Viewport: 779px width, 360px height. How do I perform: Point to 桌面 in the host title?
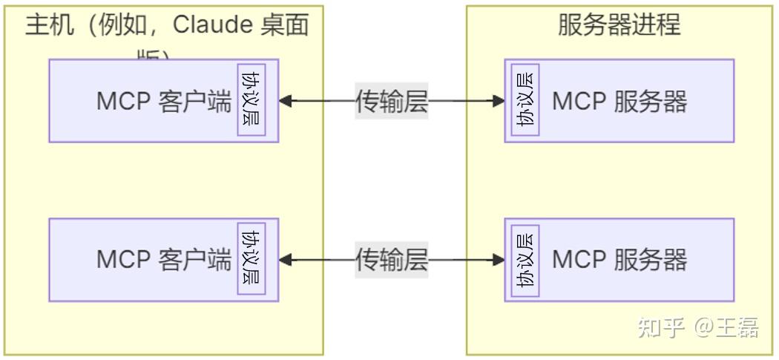pyautogui.click(x=284, y=25)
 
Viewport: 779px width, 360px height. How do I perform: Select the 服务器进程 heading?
pyautogui.click(x=619, y=24)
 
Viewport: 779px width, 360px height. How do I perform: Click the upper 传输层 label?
pyautogui.click(x=392, y=101)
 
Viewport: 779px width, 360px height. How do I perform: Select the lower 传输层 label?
pyautogui.click(x=392, y=260)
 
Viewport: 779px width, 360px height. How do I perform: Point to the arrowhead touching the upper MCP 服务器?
pyautogui.click(x=499, y=101)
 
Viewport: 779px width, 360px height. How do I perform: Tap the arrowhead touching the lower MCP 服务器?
pyautogui.click(x=499, y=260)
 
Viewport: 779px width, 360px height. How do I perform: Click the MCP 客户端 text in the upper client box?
pyautogui.click(x=164, y=101)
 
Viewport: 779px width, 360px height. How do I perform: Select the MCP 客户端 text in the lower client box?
pyautogui.click(x=164, y=260)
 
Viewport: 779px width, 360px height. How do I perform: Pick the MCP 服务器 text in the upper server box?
pyautogui.click(x=619, y=101)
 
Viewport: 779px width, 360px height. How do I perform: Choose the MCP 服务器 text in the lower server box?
pyautogui.click(x=619, y=260)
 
